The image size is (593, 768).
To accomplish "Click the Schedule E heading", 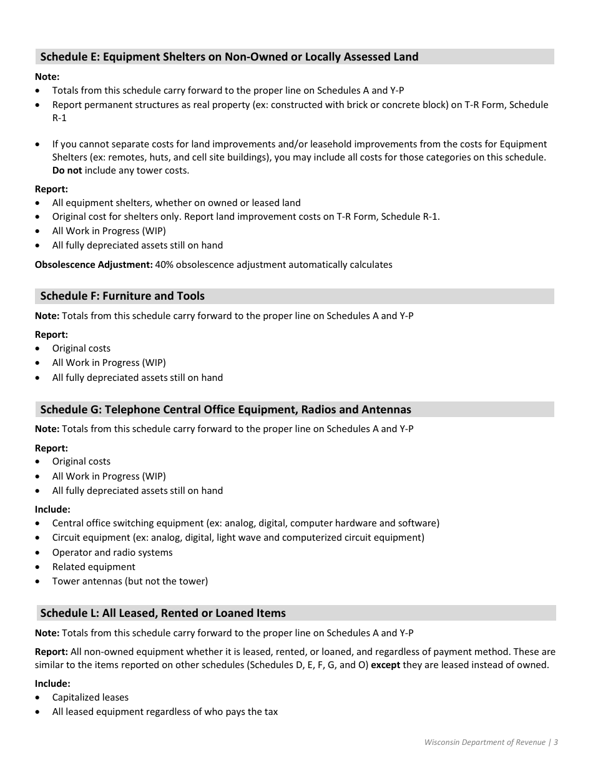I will pyautogui.click(x=229, y=57).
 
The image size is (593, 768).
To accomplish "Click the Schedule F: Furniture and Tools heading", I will pyautogui.click(x=122, y=296).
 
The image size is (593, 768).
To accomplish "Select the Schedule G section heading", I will pyautogui.click(x=225, y=410).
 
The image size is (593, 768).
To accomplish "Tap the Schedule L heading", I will pyautogui.click(x=163, y=613).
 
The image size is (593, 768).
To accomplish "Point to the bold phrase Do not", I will pyautogui.click(x=67, y=170).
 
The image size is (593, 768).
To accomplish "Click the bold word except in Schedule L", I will pyautogui.click(x=385, y=665).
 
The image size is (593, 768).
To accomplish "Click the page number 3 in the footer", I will pyautogui.click(x=556, y=742).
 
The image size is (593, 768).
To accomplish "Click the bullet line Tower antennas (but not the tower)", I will pyautogui.click(x=130, y=581).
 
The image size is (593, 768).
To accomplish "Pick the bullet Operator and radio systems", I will pyautogui.click(x=112, y=553).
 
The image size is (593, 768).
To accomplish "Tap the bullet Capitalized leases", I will pyautogui.click(x=91, y=697).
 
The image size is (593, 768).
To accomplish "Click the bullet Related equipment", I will pyautogui.click(x=94, y=567).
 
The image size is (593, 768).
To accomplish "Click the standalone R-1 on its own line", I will pyautogui.click(x=59, y=118).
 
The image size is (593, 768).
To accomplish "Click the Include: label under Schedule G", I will pyautogui.click(x=52, y=510).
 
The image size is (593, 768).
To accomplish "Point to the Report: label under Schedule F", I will pyautogui.click(x=51, y=335).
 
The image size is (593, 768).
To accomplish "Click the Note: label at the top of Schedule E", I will pyautogui.click(x=47, y=77).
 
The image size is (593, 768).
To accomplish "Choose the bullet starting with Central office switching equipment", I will pyautogui.click(x=245, y=523).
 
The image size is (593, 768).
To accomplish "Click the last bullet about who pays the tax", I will pyautogui.click(x=165, y=712).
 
